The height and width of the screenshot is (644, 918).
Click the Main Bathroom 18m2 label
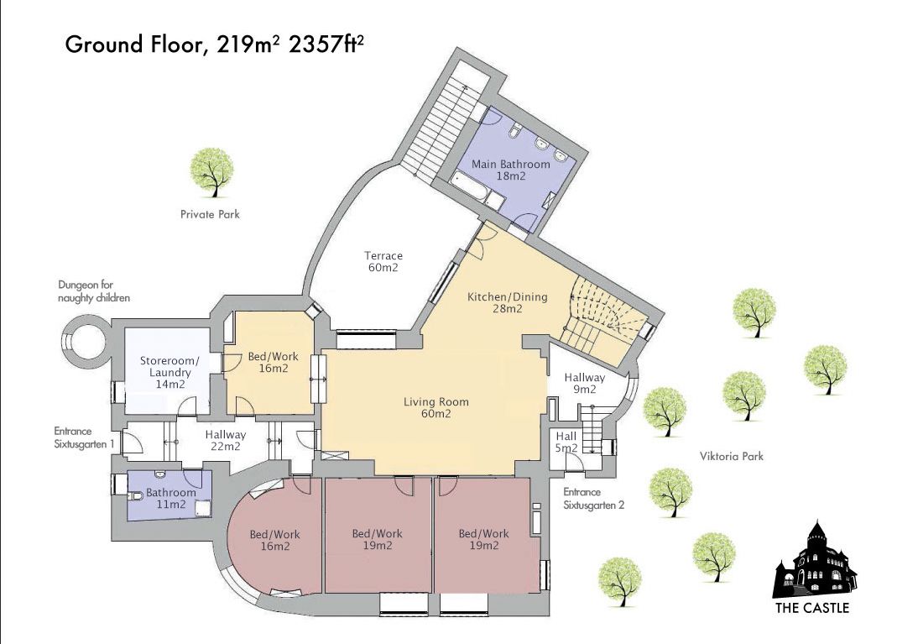(510, 170)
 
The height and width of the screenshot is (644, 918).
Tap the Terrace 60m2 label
(383, 261)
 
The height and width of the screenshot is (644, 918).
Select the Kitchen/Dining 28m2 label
(507, 302)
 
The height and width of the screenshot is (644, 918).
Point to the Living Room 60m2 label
(436, 408)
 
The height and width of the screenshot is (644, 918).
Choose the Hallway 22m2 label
(226, 441)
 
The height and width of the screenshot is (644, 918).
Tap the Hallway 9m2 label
(584, 383)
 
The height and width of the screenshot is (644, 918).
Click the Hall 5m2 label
(566, 442)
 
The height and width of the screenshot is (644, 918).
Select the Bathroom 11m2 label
(170, 498)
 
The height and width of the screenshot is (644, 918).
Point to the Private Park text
(210, 214)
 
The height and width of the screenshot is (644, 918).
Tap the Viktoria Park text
(732, 456)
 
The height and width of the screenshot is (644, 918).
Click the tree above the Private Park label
(212, 171)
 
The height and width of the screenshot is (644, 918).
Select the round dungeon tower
(84, 339)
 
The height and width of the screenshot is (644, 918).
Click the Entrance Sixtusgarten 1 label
(84, 437)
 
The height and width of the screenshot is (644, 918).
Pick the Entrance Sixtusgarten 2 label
(593, 498)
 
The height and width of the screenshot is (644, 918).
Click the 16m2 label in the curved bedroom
(274, 546)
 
